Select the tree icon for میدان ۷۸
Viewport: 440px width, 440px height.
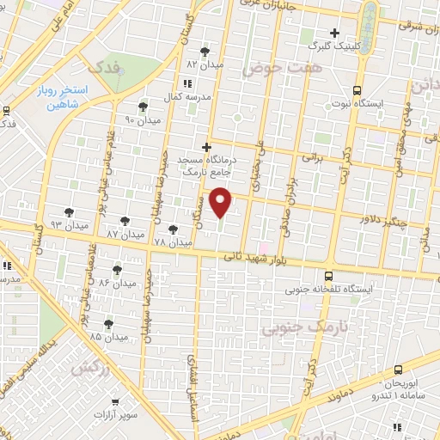click(x=174, y=229)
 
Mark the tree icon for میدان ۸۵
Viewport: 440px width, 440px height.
click(x=107, y=324)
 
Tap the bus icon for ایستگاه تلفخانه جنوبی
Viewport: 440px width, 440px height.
click(x=329, y=277)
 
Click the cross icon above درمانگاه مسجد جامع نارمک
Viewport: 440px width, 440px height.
click(x=206, y=147)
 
